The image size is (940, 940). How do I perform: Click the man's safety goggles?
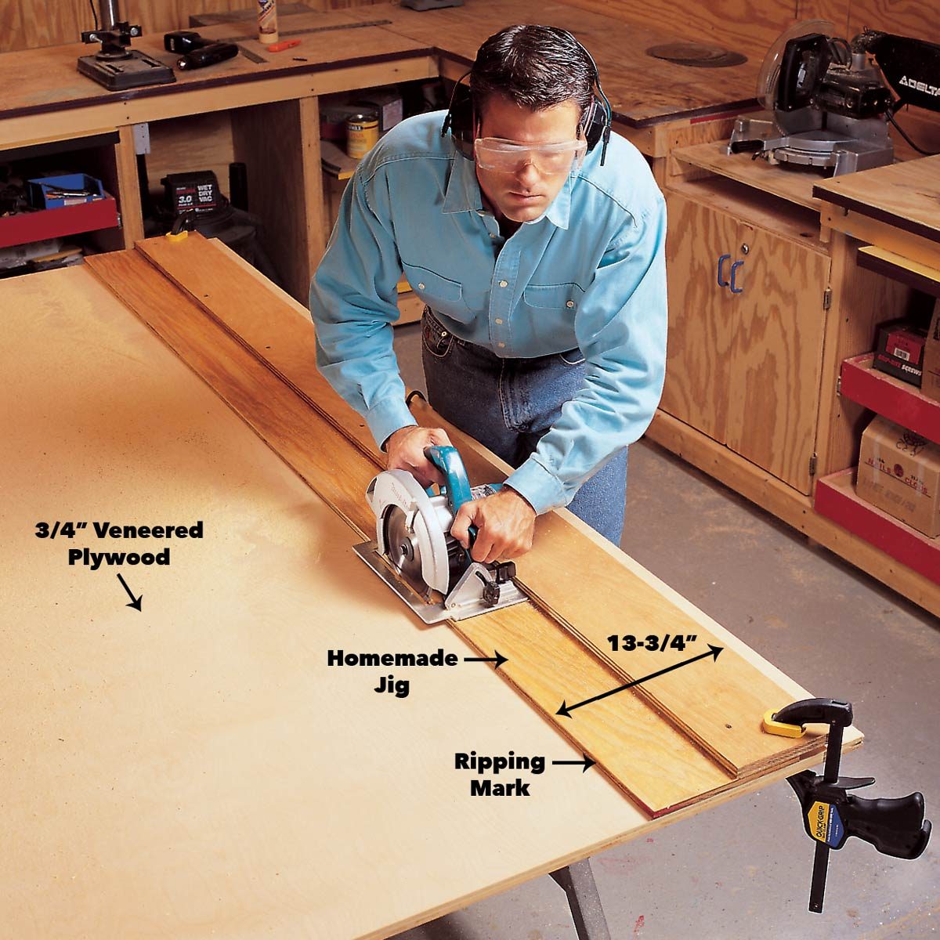pyautogui.click(x=530, y=154)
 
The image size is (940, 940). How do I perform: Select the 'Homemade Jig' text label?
pyautogui.click(x=392, y=671)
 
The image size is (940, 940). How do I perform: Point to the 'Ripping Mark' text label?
pyautogui.click(x=500, y=774)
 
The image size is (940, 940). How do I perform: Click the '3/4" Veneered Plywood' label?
pyautogui.click(x=118, y=543)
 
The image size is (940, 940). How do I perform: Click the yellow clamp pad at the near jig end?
pyautogui.click(x=783, y=725)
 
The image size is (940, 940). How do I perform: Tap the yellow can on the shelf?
pyautogui.click(x=362, y=135)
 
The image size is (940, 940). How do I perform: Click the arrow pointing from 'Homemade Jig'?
pyautogui.click(x=486, y=660)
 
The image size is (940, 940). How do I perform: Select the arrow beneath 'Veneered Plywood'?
pyautogui.click(x=129, y=592)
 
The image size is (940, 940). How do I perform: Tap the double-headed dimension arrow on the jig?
pyautogui.click(x=638, y=679)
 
